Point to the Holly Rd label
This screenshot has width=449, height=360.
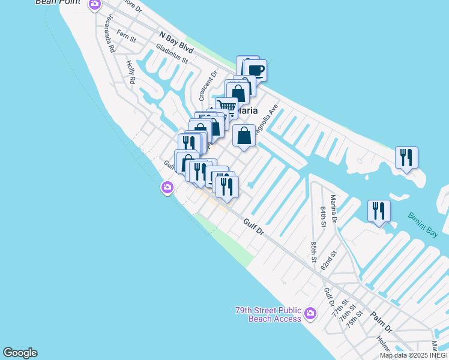[130, 71]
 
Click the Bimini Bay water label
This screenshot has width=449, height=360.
[427, 225]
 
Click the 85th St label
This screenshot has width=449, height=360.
[313, 252]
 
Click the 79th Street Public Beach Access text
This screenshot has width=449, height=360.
[268, 314]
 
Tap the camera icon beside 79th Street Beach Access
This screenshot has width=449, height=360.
[310, 313]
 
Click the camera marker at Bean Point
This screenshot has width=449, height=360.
[94, 5]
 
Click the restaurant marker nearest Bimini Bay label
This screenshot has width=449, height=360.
[379, 211]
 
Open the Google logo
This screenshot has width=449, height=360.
[20, 353]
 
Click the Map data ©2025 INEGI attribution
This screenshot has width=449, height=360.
[414, 355]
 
